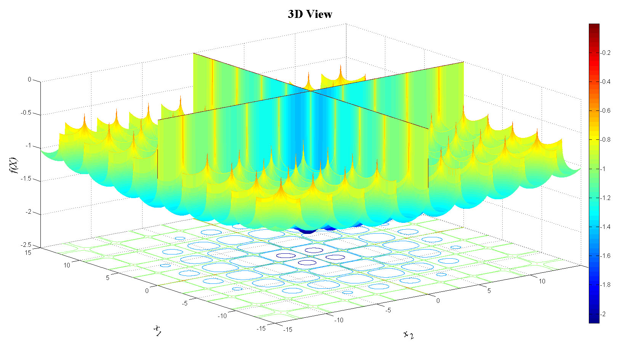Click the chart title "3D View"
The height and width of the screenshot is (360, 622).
click(x=310, y=14)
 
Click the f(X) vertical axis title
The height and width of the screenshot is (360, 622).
click(x=14, y=165)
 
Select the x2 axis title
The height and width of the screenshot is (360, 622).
click(x=409, y=334)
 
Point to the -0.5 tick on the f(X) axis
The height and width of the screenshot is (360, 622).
click(x=26, y=113)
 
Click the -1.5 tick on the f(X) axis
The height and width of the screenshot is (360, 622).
click(x=26, y=179)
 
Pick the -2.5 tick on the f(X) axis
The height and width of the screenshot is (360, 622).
click(x=26, y=245)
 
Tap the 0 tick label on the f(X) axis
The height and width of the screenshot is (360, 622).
click(x=29, y=80)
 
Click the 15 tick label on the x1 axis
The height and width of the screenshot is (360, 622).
click(x=28, y=252)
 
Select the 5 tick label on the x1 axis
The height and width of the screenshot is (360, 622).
click(x=107, y=278)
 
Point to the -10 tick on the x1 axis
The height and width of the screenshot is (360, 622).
click(x=222, y=315)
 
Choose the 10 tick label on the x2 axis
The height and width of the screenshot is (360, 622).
click(x=542, y=281)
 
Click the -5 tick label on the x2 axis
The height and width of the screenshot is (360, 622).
click(x=388, y=310)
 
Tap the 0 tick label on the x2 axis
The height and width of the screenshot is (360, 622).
click(x=438, y=301)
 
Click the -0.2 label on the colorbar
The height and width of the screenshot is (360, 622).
click(x=605, y=53)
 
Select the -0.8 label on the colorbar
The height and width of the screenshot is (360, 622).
click(x=605, y=139)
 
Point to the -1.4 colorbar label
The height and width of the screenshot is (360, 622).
click(x=605, y=227)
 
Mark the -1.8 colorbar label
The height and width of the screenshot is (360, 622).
click(x=605, y=285)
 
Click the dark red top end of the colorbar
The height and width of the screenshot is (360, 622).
click(x=594, y=27)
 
